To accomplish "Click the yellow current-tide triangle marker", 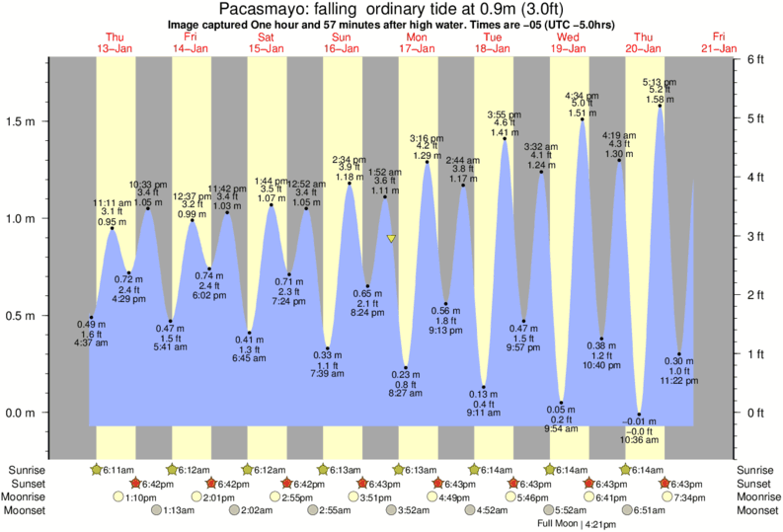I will click(x=392, y=239).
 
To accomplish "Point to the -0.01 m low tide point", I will click(x=640, y=415).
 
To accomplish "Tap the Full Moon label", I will click(x=559, y=524).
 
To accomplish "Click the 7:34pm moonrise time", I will click(x=689, y=497).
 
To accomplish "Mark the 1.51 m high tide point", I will click(x=583, y=119).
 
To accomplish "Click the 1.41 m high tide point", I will click(x=505, y=139).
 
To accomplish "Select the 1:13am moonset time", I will click(x=173, y=511).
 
